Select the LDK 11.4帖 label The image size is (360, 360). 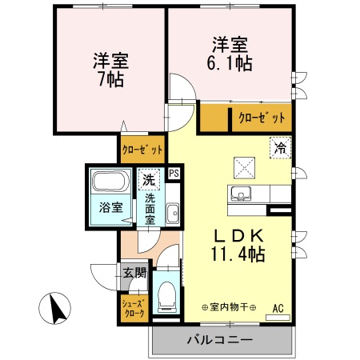[x=238, y=245]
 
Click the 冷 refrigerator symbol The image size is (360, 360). [x=279, y=147]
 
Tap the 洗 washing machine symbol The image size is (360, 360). [x=148, y=180]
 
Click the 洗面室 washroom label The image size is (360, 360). [x=150, y=209]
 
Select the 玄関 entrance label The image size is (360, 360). [x=134, y=273]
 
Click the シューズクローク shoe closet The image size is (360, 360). [x=134, y=308]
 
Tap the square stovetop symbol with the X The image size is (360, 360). [x=243, y=166]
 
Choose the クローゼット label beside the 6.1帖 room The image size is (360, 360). [x=261, y=118]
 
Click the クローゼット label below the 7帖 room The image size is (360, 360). [x=142, y=149]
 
